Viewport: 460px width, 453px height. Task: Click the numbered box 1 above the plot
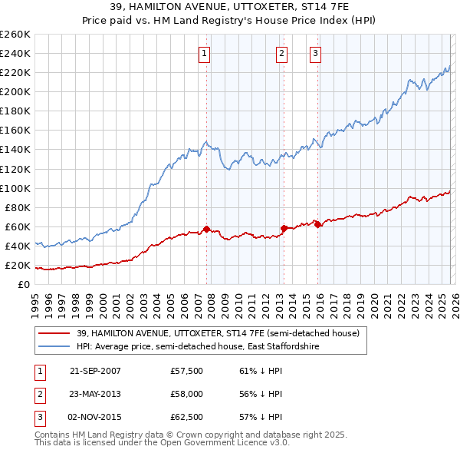click(x=205, y=53)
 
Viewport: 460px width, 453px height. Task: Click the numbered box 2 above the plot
click(x=281, y=53)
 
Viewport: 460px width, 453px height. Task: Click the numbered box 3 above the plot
click(x=315, y=53)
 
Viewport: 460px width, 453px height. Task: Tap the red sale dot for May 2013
click(x=284, y=228)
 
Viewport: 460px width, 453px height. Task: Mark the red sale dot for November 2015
click(x=317, y=224)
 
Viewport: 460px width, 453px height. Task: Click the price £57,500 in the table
click(x=187, y=371)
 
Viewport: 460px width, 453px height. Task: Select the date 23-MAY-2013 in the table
click(x=95, y=394)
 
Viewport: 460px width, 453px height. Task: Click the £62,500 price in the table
click(x=187, y=417)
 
